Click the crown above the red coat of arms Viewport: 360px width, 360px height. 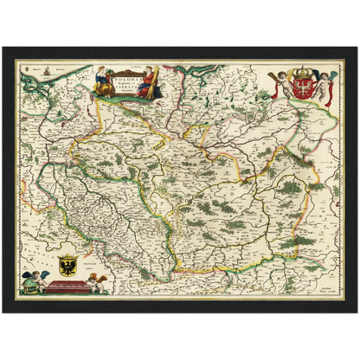(301, 74)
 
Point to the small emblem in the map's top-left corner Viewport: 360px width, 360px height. (25, 65)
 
